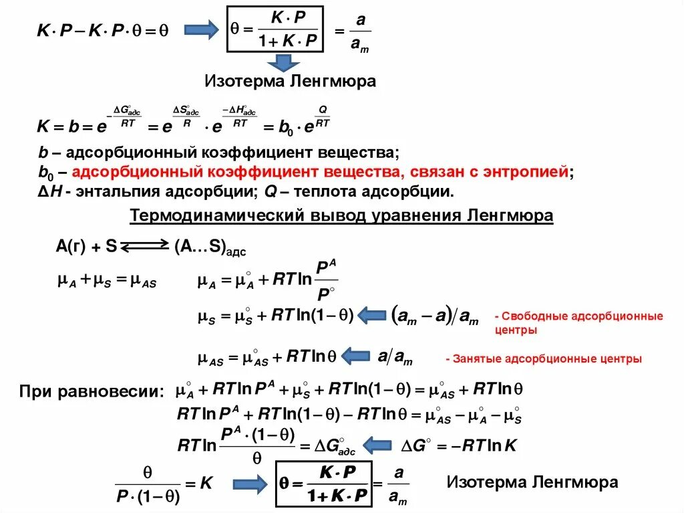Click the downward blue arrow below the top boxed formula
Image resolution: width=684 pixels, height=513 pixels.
[284, 63]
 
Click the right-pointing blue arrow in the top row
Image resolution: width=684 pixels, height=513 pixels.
[201, 30]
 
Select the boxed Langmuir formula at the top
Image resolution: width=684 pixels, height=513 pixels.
[275, 29]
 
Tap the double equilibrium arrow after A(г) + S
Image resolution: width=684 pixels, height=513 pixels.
[145, 247]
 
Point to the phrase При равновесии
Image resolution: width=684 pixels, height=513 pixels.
[91, 391]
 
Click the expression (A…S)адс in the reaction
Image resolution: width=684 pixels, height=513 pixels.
[210, 247]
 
